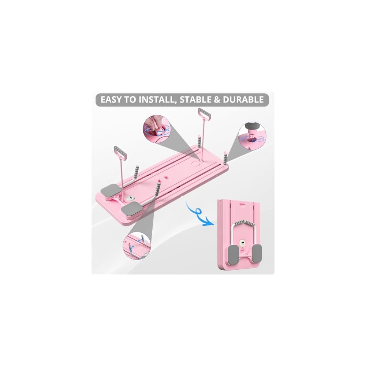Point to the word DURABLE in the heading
tap(243, 100)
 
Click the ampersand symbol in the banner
tap(217, 100)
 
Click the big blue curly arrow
tap(199, 214)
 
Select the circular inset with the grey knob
tap(252, 135)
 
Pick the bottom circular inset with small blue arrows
tap(137, 246)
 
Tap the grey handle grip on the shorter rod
tap(120, 152)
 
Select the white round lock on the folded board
tap(243, 244)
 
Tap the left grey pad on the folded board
tap(234, 254)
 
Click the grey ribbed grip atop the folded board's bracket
tap(244, 223)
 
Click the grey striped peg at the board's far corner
tap(225, 157)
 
